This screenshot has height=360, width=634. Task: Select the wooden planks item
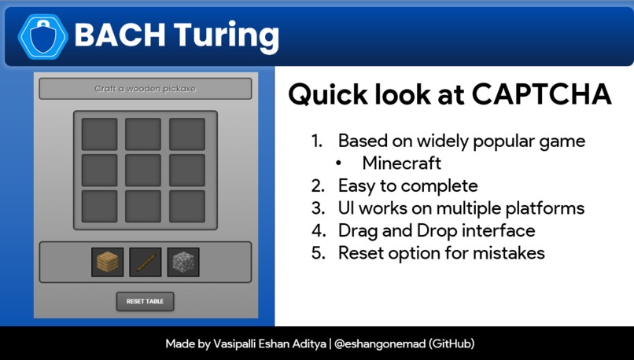[x=107, y=263]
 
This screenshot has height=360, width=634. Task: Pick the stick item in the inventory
[x=145, y=263]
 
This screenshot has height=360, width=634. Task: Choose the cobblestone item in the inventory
[x=183, y=263]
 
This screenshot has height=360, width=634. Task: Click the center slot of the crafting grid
[x=143, y=171]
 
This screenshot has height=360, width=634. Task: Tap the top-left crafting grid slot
[x=100, y=134]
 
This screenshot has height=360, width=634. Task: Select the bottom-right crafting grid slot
[x=187, y=207]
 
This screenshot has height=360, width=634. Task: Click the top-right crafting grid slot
[x=187, y=134]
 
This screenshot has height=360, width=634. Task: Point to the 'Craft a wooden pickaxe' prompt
[x=145, y=89]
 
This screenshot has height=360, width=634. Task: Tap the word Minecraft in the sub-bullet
[x=401, y=163]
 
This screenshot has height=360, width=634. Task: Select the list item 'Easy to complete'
[x=407, y=186]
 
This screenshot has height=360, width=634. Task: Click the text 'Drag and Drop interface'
[x=437, y=230]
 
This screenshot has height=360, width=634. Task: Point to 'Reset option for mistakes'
[x=441, y=253]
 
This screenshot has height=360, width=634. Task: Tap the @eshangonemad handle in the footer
[x=380, y=344]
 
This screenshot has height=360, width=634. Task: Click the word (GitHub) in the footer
[x=452, y=344]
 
